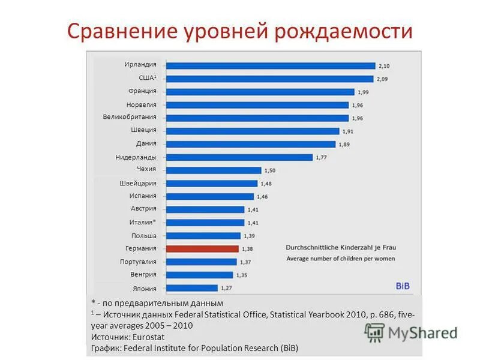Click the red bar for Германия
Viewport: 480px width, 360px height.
point(202,248)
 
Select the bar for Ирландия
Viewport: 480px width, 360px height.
point(270,65)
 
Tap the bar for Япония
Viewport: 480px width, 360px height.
point(191,288)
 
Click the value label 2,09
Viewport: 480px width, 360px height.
point(383,79)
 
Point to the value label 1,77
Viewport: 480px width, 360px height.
point(322,157)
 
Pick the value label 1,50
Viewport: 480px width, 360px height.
point(270,170)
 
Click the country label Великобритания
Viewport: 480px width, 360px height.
point(130,117)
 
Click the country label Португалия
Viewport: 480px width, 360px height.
point(138,262)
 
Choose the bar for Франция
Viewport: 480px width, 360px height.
point(259,92)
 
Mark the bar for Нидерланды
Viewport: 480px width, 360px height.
point(239,157)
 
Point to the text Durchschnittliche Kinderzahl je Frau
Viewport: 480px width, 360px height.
point(340,247)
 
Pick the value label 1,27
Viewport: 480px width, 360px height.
point(227,288)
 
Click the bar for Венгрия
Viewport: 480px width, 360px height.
point(200,275)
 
